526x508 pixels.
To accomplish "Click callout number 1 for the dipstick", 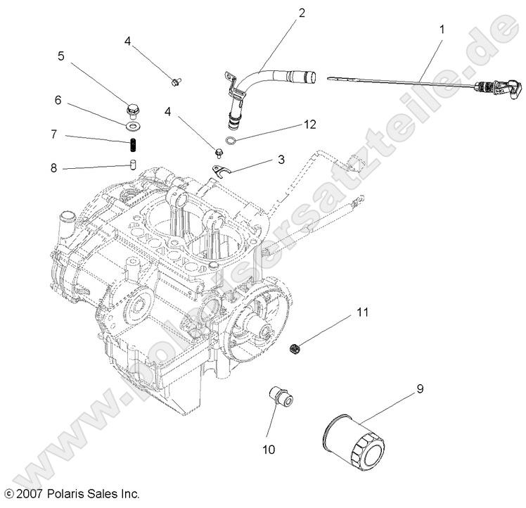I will (x=442, y=31).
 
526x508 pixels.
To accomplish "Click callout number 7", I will (x=53, y=134).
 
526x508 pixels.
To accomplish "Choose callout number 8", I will (x=53, y=168).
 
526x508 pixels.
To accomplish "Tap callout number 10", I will (x=270, y=447).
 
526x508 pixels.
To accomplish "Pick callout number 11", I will (x=361, y=291).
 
